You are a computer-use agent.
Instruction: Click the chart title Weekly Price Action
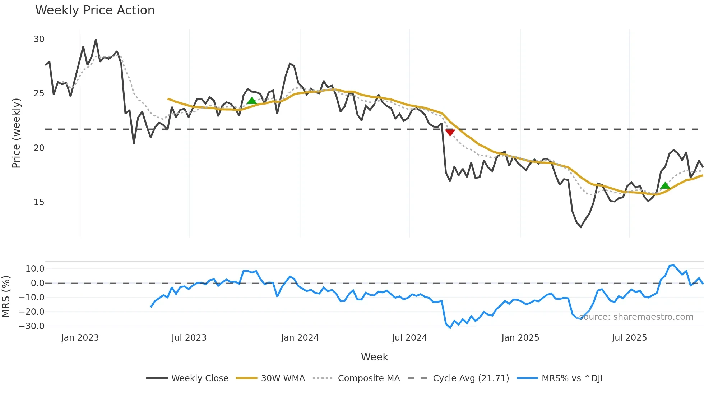tap(95, 10)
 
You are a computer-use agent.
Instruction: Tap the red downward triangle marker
tap(450, 133)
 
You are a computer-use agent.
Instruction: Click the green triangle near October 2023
tap(252, 101)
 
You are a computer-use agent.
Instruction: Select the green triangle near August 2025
tap(665, 185)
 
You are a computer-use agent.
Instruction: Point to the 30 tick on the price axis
tap(39, 39)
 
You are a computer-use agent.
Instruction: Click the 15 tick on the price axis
tap(39, 202)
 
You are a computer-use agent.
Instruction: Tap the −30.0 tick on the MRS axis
tap(32, 326)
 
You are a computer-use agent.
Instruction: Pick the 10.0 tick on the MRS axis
tap(35, 269)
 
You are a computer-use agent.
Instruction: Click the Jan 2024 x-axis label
tap(300, 338)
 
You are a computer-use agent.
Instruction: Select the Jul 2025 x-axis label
tap(629, 338)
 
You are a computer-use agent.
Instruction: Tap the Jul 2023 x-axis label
tap(189, 338)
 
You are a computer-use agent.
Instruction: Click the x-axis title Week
tap(374, 357)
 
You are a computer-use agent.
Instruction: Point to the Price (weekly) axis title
tap(16, 133)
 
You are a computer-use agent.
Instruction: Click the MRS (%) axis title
tap(6, 296)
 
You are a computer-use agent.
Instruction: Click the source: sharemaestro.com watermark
tap(636, 317)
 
